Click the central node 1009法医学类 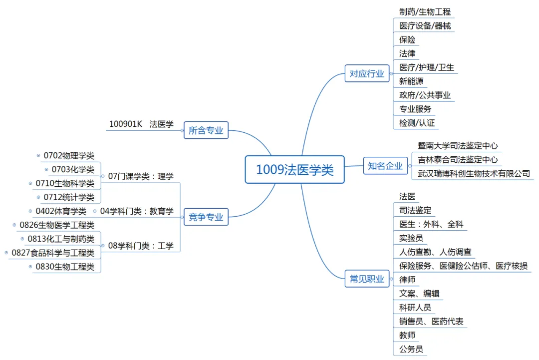tap(294, 170)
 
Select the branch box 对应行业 tap(367, 74)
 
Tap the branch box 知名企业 tap(385, 166)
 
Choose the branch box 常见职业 tap(367, 279)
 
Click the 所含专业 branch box tap(206, 131)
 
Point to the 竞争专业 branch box tap(206, 217)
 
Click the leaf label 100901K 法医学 tap(141, 124)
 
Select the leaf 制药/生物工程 tap(425, 11)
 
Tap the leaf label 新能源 tap(411, 81)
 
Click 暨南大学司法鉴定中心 tap(458, 146)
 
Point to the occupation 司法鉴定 tap(415, 210)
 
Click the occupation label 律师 tap(407, 280)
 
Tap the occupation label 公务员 tap(411, 349)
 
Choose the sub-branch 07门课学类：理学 tap(141, 176)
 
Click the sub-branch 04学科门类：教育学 tap(137, 211)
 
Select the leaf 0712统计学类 tap(69, 197)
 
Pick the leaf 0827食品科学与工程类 tap(53, 253)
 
